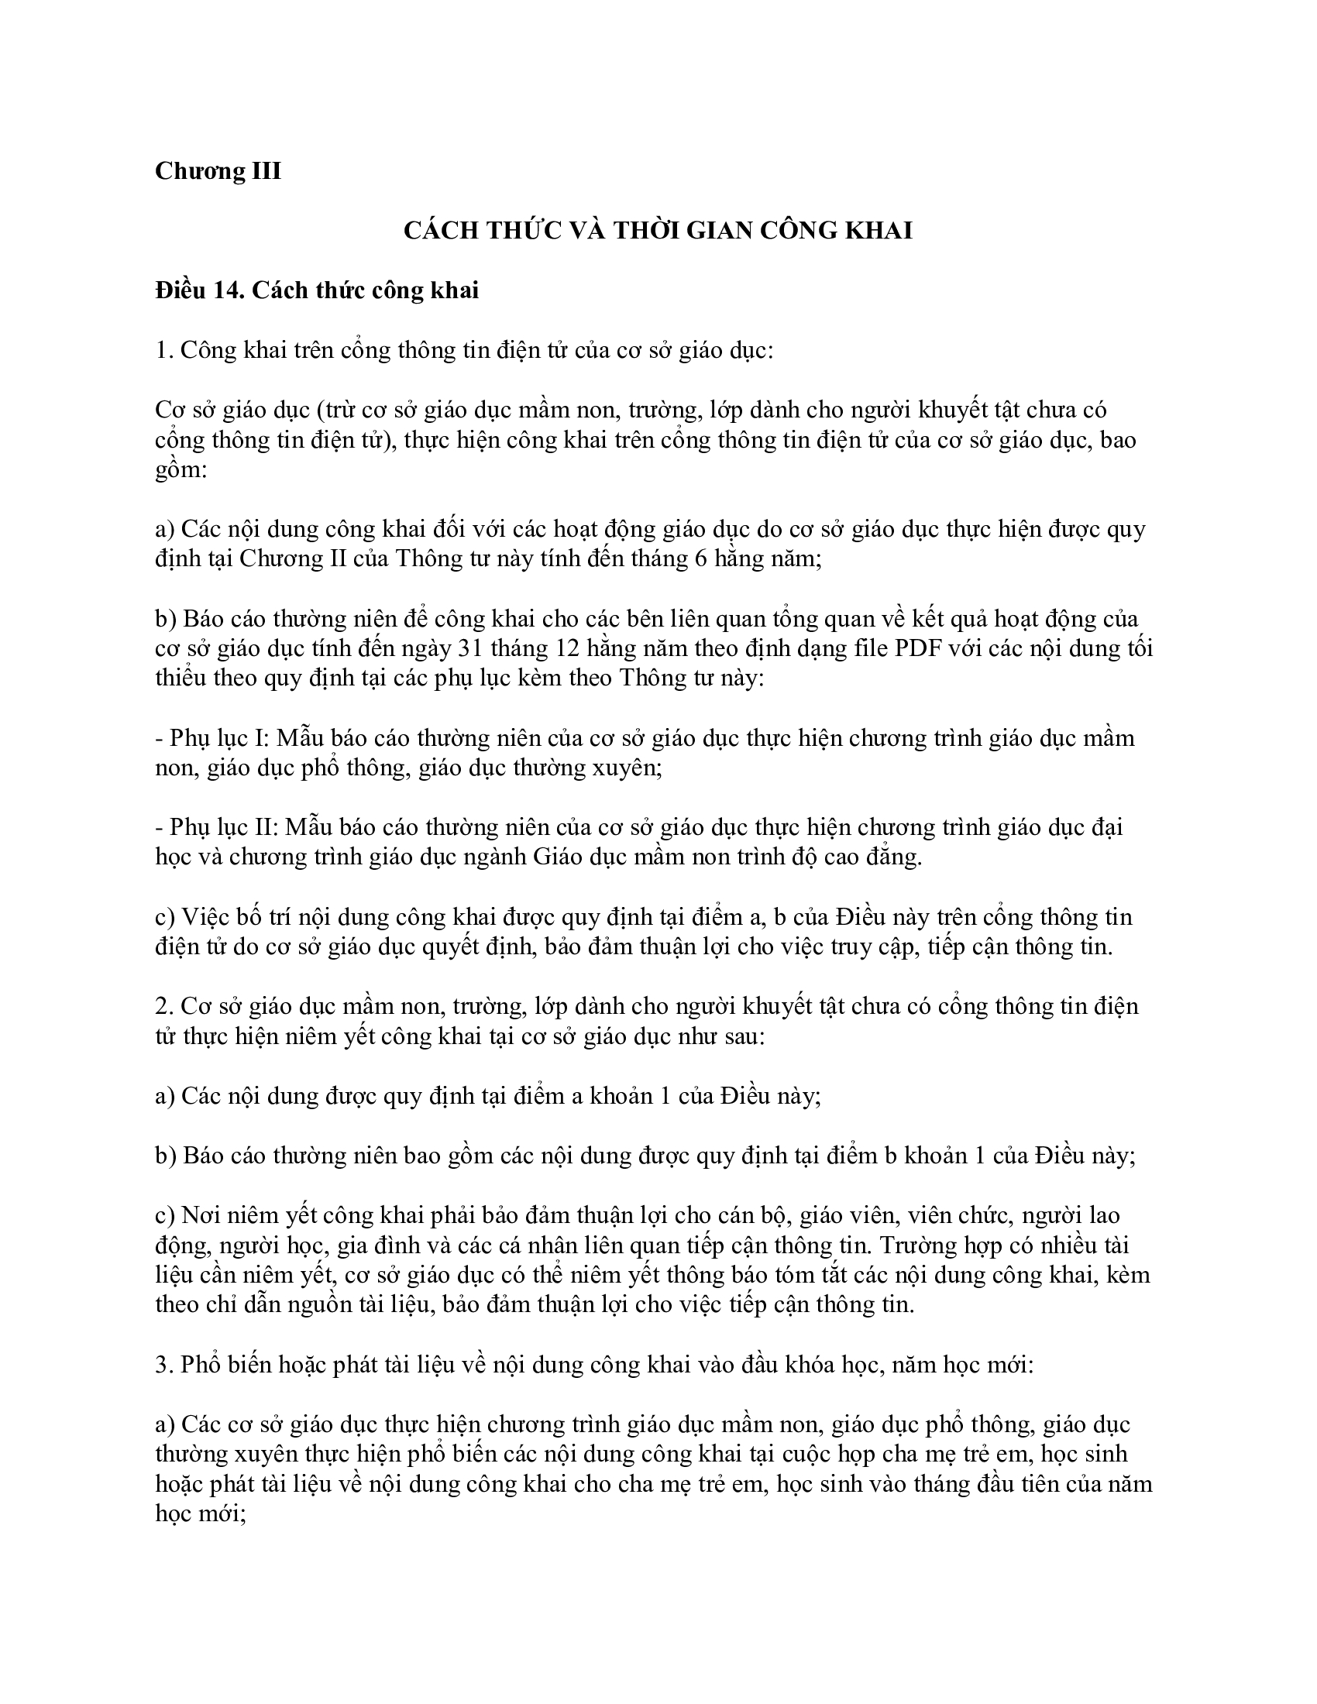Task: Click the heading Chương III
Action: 218,170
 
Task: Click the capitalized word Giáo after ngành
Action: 560,857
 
